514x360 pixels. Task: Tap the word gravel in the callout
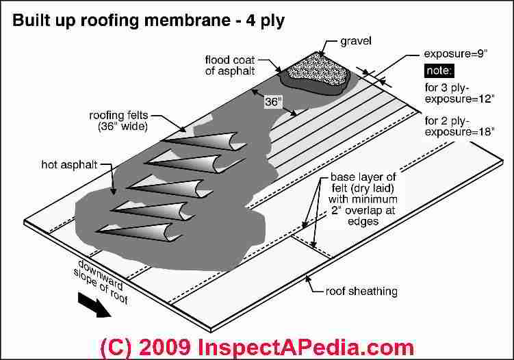(356, 41)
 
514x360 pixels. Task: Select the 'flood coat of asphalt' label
(230, 66)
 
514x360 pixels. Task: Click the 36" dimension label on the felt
(273, 102)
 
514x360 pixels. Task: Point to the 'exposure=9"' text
(455, 54)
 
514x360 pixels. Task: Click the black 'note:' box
(439, 70)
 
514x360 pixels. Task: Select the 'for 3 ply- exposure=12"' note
(459, 93)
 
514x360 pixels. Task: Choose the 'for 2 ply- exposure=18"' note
(459, 126)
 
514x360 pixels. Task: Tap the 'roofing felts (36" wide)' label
(118, 120)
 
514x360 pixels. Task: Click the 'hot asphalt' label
(70, 164)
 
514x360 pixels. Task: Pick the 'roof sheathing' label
(361, 291)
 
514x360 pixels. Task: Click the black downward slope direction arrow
(94, 305)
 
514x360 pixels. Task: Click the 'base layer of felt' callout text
(363, 199)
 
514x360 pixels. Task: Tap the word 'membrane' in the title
(187, 21)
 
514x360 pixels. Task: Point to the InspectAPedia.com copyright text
(257, 347)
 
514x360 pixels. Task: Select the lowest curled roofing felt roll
(139, 233)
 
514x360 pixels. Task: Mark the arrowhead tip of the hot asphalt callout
(114, 194)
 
